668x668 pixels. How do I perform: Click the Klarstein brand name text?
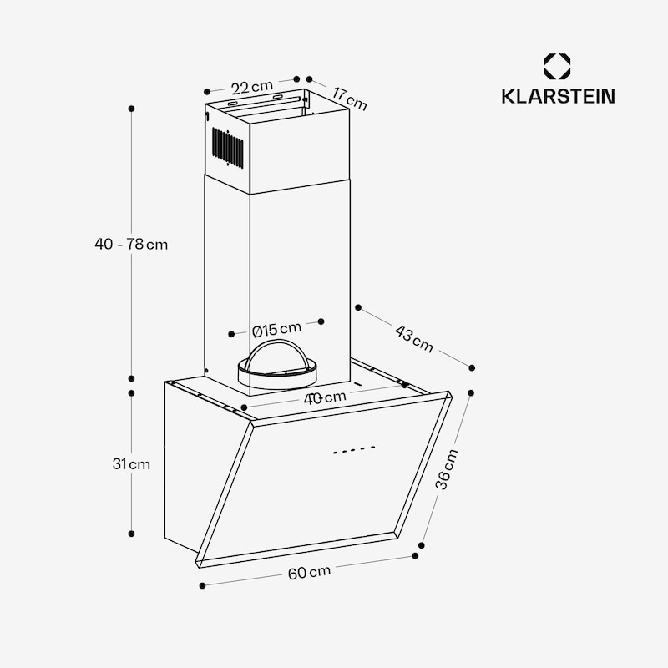point(558,96)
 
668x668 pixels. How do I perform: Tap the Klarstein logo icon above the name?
point(557,67)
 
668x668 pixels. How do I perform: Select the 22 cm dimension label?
point(251,86)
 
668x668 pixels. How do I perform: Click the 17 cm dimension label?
point(347,98)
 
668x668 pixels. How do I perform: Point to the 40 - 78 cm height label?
point(131,245)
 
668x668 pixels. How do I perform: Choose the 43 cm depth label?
point(414,339)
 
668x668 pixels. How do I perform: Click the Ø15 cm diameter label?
point(276,328)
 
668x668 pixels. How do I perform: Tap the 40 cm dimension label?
point(325,398)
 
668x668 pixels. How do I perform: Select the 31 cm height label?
point(131,464)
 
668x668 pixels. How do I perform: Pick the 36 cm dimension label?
point(448,469)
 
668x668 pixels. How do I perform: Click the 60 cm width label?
point(309,572)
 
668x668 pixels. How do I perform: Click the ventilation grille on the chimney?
point(227,148)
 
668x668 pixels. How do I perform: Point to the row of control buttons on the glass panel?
point(353,449)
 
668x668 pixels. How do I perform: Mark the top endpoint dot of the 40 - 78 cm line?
point(131,109)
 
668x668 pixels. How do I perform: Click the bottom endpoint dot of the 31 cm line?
point(131,533)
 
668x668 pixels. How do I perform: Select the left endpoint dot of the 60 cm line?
point(202,585)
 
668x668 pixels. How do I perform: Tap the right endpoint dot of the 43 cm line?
point(472,367)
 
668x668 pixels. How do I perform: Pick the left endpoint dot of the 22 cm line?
point(206,92)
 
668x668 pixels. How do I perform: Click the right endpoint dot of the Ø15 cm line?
point(321,321)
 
